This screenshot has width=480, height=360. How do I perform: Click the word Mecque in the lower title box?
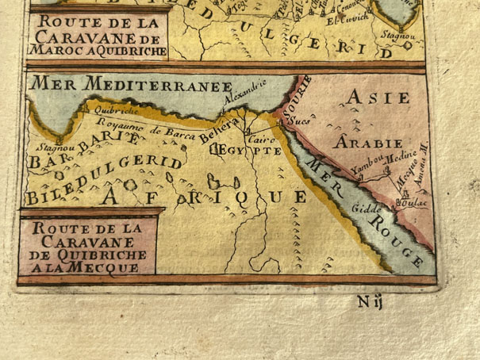pos(113,267)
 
